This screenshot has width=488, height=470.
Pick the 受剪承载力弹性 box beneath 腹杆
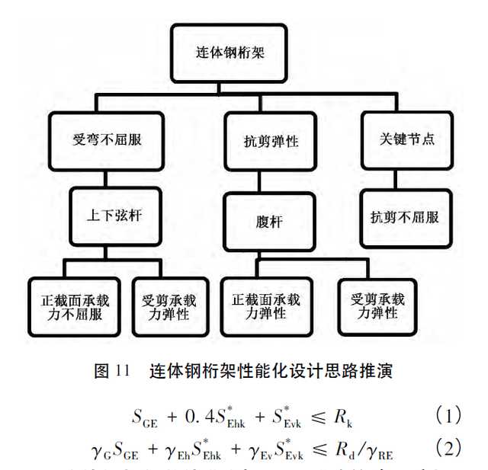pyautogui.click(x=373, y=305)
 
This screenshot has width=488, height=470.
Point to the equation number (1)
pyautogui.click(x=448, y=416)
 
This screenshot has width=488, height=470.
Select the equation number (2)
pyautogui.click(x=448, y=446)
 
